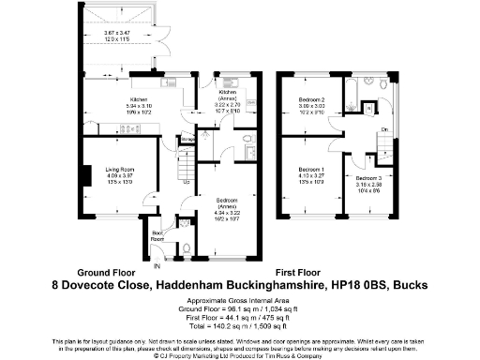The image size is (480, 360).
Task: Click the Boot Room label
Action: pyautogui.click(x=157, y=234)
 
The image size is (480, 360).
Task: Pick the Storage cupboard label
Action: pyautogui.click(x=187, y=140)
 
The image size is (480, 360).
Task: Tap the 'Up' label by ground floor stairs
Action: pyautogui.click(x=187, y=182)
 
